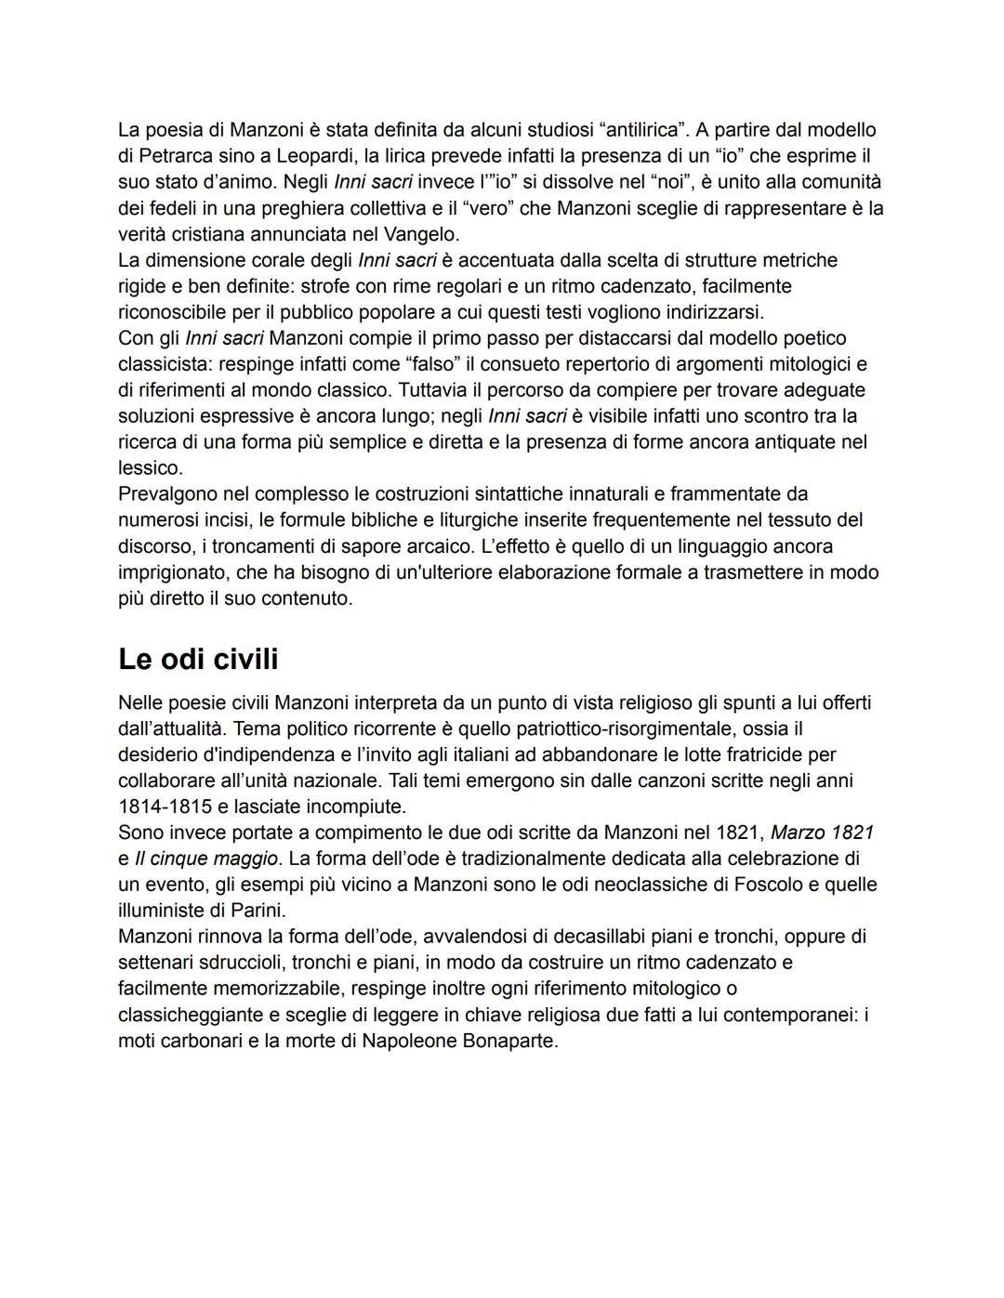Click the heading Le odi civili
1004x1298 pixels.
(x=198, y=659)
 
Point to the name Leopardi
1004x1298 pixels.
(x=316, y=156)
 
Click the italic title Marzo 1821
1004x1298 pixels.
(x=822, y=833)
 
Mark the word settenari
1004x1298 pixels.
(x=156, y=963)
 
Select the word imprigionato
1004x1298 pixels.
(x=171, y=571)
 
